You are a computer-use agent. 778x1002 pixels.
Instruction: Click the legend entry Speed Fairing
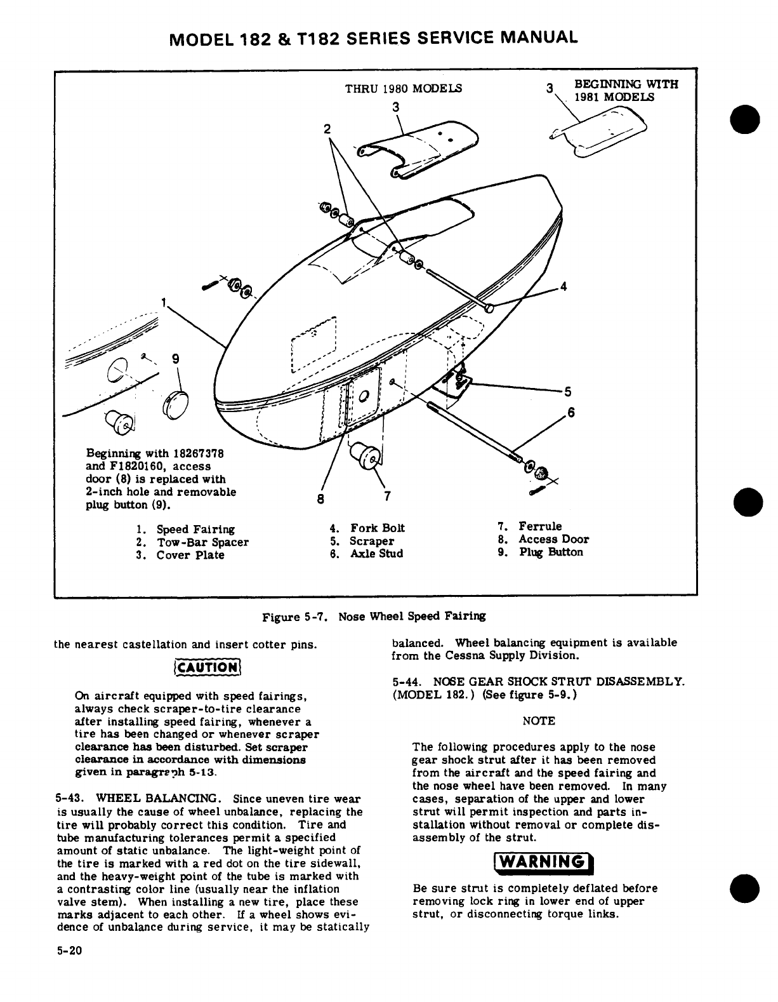tap(195, 530)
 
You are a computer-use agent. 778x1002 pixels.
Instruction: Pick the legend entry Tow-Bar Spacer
tap(202, 542)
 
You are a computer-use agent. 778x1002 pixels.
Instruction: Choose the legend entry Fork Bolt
tap(376, 528)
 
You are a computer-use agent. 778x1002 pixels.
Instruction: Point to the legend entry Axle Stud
tap(376, 554)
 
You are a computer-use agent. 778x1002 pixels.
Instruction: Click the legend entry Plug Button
tap(550, 552)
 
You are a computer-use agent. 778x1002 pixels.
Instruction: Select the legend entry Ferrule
tap(539, 526)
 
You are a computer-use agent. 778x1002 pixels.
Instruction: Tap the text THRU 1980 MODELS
tap(403, 88)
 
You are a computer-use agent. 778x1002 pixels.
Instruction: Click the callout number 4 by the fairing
tap(564, 286)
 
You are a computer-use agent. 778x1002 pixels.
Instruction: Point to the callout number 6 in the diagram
tap(570, 412)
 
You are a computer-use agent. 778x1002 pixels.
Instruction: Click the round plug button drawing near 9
tap(174, 407)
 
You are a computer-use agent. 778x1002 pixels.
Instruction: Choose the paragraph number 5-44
tap(407, 682)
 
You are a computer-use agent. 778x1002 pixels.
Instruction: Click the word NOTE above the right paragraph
tap(539, 721)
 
